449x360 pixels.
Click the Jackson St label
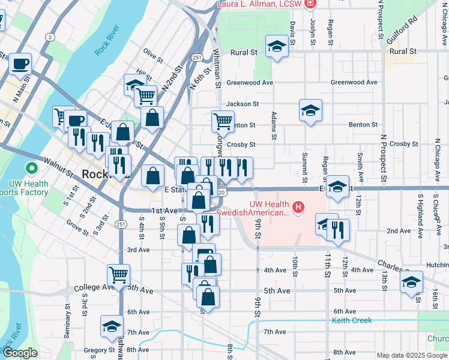(243, 104)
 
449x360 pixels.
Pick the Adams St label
(274, 125)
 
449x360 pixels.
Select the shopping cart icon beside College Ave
(118, 274)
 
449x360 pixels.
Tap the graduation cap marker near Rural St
(277, 46)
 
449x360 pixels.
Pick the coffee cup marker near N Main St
(20, 63)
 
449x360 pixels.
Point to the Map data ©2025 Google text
(411, 355)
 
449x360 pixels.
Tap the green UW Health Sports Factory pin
(29, 170)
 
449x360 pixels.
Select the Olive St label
(154, 59)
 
